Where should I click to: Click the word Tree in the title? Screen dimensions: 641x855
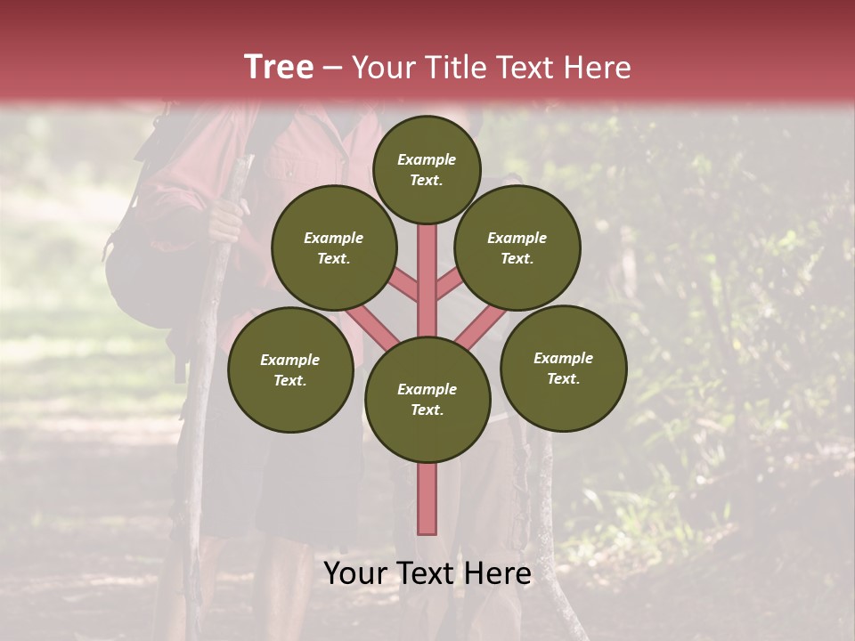[x=279, y=67]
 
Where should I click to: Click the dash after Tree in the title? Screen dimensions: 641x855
[x=332, y=68]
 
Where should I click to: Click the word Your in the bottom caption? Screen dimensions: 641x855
[x=354, y=573]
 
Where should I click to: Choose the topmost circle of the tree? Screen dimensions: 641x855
[x=427, y=169]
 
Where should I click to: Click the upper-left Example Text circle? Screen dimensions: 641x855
[x=334, y=247]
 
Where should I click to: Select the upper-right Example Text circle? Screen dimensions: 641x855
[x=517, y=247]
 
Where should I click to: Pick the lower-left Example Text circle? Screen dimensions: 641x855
[x=290, y=369]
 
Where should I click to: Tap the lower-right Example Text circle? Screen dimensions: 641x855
[x=563, y=368]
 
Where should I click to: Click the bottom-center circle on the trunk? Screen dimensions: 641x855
[x=427, y=399]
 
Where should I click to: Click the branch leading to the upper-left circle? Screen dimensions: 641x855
[x=405, y=287]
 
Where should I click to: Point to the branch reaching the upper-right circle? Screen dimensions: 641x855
[x=449, y=287]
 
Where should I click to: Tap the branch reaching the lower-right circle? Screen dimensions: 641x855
[x=481, y=327]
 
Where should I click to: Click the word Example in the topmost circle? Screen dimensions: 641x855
[x=427, y=160]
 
